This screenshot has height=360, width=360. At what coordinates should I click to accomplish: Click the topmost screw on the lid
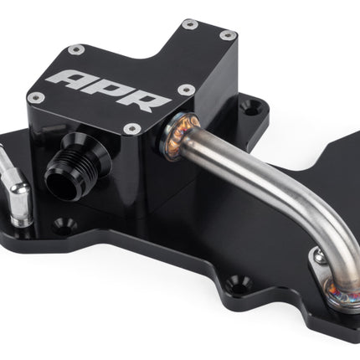click(x=190, y=24)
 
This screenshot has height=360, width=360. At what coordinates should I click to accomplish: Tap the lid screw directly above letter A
click(x=76, y=49)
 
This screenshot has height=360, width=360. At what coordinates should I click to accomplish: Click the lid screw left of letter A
click(x=36, y=97)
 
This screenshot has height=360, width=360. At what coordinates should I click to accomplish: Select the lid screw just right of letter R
click(x=186, y=90)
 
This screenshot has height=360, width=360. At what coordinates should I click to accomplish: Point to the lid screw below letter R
click(x=131, y=128)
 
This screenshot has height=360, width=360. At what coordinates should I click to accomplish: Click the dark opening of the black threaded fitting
click(x=60, y=184)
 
